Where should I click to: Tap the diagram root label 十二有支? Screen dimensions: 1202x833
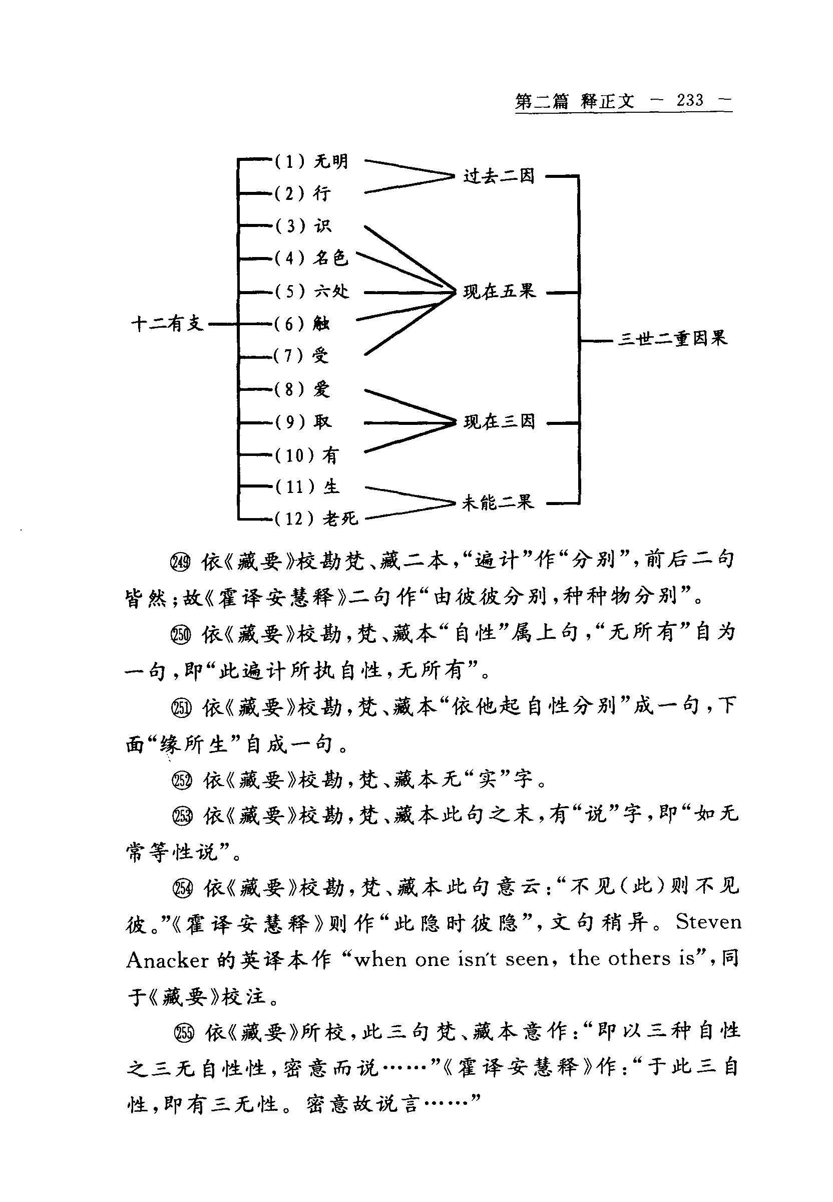tap(167, 324)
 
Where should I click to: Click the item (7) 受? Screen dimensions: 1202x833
tap(302, 356)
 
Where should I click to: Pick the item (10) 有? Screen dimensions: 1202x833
tap(307, 455)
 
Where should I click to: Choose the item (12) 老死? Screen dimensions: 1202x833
tap(316, 519)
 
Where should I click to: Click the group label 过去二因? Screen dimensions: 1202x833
tap(499, 176)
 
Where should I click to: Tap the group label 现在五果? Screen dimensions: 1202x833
tap(499, 292)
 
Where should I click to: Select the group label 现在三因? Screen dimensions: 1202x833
tap(499, 421)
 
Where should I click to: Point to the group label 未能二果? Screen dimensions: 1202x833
tap(498, 503)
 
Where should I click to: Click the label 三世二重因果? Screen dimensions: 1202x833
tap(672, 339)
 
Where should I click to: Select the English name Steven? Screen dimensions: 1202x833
tap(708, 922)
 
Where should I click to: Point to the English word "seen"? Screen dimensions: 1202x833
tap(527, 959)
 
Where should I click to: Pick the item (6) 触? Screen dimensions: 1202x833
tap(303, 324)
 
